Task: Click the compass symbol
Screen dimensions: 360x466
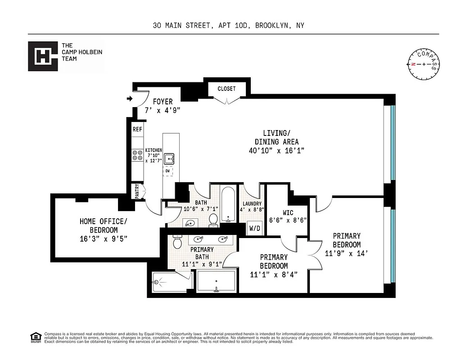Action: tap(424, 64)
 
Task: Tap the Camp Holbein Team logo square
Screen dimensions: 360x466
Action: tap(43, 56)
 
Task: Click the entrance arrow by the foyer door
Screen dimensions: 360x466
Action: tap(130, 99)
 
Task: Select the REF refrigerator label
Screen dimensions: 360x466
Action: tap(137, 130)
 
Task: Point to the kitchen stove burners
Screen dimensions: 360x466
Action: tap(137, 156)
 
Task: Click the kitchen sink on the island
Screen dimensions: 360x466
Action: tap(170, 159)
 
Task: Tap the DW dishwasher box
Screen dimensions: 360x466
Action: tap(168, 171)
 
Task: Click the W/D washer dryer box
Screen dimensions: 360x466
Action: tap(255, 228)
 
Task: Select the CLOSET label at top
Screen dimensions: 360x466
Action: tap(226, 89)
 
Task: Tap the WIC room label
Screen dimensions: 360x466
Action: tap(289, 212)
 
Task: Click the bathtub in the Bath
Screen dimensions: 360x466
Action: tap(228, 205)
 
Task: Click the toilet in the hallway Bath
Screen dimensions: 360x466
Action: tap(213, 219)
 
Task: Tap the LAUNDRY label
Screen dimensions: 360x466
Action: tap(252, 203)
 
